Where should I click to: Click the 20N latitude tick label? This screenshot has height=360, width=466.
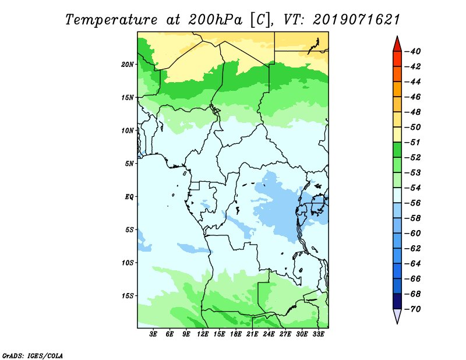click(128, 65)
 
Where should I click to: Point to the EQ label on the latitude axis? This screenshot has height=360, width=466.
click(129, 197)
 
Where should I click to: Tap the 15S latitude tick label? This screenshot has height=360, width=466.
click(128, 296)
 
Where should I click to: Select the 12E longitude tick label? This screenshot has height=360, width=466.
click(203, 334)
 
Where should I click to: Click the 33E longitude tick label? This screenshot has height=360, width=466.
click(319, 334)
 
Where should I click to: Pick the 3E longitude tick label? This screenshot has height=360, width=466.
click(153, 334)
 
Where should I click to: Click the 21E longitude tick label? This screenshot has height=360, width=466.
click(252, 334)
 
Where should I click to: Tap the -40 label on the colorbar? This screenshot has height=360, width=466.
click(413, 51)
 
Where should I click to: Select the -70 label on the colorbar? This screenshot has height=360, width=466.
click(413, 309)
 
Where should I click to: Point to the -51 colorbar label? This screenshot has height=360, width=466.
click(413, 142)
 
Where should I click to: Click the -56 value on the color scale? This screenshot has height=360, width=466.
click(413, 203)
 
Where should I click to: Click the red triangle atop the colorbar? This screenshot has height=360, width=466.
click(397, 45)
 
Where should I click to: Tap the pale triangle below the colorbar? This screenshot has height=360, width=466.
click(397, 315)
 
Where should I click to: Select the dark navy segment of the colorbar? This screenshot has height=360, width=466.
click(397, 301)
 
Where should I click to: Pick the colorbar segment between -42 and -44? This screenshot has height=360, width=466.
click(397, 74)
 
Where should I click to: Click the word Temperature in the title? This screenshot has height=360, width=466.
click(111, 20)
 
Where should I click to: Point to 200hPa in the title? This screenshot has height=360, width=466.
click(215, 20)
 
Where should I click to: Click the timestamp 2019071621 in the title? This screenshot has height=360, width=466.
click(356, 20)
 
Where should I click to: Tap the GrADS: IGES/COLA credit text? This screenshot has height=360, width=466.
click(33, 356)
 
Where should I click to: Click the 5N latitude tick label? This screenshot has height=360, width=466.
click(129, 164)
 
